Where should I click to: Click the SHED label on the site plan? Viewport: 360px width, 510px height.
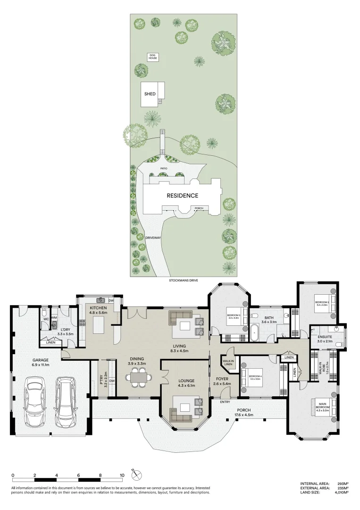(x=150, y=94)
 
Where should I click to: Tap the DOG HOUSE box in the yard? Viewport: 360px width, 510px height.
(x=152, y=57)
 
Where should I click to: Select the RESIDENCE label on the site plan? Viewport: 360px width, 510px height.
(x=182, y=195)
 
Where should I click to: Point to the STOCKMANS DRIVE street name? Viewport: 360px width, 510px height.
(x=184, y=280)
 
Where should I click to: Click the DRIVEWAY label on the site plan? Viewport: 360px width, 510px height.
(x=153, y=238)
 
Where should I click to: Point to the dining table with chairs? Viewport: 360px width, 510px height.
(x=138, y=377)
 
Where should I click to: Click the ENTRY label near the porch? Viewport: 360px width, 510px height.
(x=225, y=402)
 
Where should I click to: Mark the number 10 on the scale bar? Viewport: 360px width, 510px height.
(x=122, y=476)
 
